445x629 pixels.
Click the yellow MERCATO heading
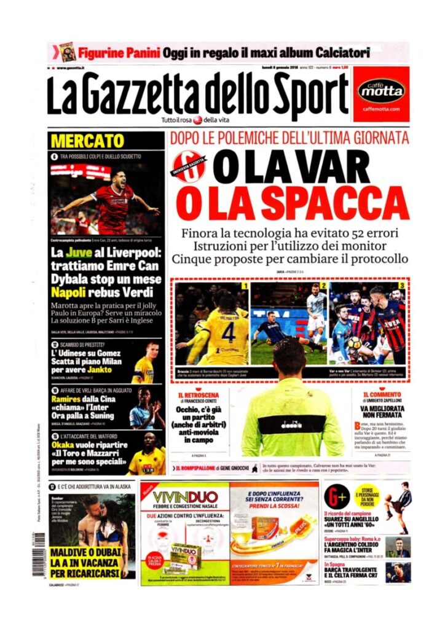(x=87, y=141)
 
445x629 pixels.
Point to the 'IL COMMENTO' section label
(x=383, y=394)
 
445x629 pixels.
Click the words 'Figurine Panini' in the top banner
(x=119, y=52)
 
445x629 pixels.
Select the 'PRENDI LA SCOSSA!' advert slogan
(x=274, y=505)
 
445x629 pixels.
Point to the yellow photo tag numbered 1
(x=244, y=286)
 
